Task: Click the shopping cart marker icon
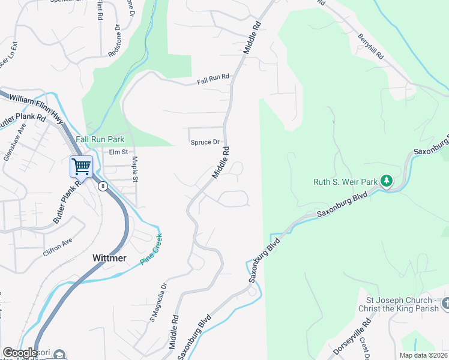81,166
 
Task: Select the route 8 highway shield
103,187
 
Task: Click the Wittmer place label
109,258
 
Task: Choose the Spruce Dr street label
205,142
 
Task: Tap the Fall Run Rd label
214,78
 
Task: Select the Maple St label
135,170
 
